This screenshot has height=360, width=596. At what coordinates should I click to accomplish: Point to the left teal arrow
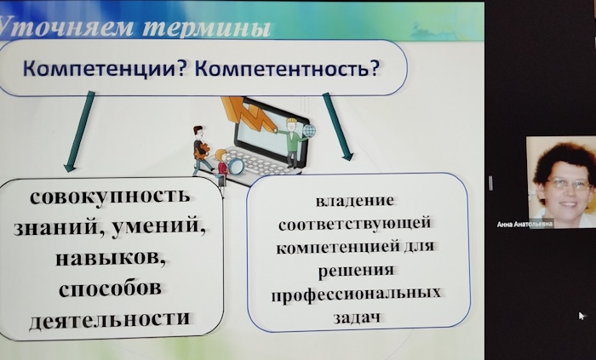(x=79, y=131)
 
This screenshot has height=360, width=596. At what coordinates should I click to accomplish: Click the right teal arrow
(x=337, y=127)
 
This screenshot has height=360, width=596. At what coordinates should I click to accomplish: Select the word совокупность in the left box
(x=110, y=197)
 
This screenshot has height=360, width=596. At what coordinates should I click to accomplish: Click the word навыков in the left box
(x=110, y=258)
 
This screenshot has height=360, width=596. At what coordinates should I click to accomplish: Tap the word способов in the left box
(x=110, y=289)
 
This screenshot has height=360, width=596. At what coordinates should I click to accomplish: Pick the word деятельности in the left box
(x=110, y=318)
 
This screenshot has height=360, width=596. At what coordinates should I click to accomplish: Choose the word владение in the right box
(x=355, y=201)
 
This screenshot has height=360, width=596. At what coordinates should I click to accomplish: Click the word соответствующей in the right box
(x=355, y=223)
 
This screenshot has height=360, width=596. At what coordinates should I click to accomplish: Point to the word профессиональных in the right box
(x=356, y=294)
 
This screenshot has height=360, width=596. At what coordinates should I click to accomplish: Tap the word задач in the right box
(x=357, y=317)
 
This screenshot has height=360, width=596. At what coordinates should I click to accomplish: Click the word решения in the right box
(x=356, y=271)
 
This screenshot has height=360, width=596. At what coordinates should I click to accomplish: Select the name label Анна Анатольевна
(x=524, y=225)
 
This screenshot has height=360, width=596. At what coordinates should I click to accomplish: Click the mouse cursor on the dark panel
(x=582, y=316)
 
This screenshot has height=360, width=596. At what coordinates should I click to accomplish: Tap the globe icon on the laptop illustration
(x=309, y=131)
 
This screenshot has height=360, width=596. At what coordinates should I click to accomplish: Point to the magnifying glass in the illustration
(x=235, y=166)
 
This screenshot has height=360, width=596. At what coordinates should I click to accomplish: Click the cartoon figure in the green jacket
(x=291, y=142)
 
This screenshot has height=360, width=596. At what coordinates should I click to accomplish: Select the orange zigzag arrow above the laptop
(x=249, y=113)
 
